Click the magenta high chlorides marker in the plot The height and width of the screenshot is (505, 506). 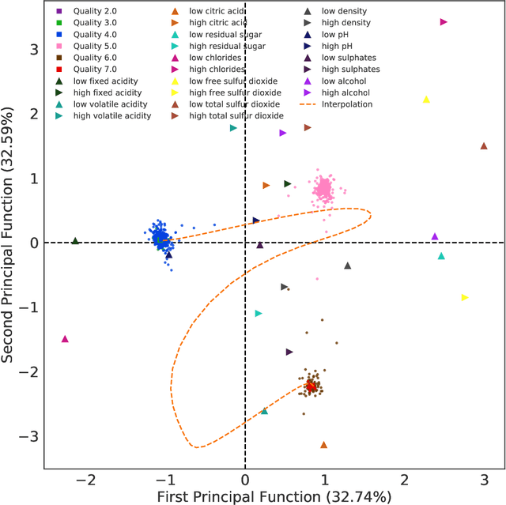[444, 23]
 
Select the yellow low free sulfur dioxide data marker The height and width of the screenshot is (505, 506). [426, 100]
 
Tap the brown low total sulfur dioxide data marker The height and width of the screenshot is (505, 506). [484, 146]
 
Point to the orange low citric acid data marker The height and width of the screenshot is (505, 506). [323, 445]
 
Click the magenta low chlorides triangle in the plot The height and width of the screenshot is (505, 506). [65, 339]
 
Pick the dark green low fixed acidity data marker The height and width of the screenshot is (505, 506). [75, 241]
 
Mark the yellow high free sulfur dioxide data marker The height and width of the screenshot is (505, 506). [465, 297]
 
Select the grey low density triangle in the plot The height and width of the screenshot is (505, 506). [347, 266]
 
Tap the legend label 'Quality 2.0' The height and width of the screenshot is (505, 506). [95, 12]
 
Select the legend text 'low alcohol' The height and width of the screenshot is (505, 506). [346, 81]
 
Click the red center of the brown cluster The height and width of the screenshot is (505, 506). [312, 386]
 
